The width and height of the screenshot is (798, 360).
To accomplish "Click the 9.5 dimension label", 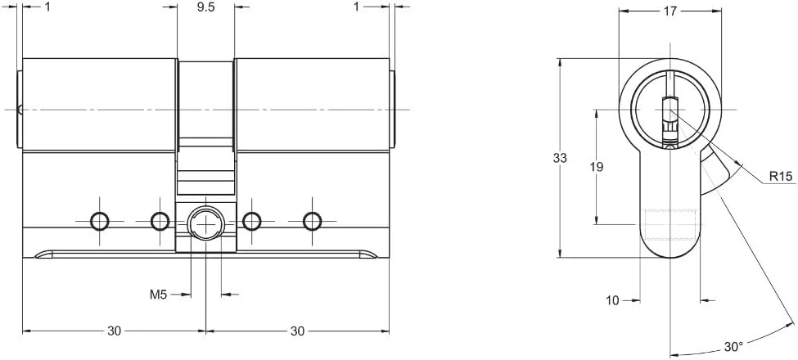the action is coord(206,7).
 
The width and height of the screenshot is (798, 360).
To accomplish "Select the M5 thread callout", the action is coord(158,294).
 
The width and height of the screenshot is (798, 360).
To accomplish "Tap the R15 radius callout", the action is coord(781,177).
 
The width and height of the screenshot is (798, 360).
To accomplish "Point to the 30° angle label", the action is coord(733,347).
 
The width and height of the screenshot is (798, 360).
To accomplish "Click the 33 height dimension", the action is coord(560,158).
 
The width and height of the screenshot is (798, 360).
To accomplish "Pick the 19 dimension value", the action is coord(597,166).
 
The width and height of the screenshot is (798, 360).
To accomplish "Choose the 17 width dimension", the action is coord(670,11).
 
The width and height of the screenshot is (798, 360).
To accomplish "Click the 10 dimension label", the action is coord(613,300).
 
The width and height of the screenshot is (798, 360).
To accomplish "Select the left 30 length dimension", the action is coord(114,331).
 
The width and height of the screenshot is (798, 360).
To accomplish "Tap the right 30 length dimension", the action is coord(297,331).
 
